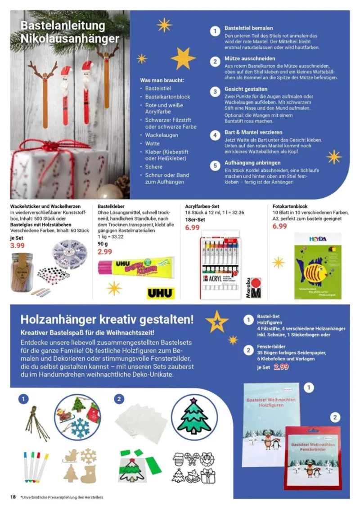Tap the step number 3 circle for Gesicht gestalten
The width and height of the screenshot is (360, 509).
pyautogui.click(x=216, y=91)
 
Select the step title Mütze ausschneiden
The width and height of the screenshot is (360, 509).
pyautogui.click(x=250, y=58)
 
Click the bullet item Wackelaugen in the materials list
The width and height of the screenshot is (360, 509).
pyautogui.click(x=161, y=135)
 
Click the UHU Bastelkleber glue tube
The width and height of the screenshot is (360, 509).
pyautogui.click(x=136, y=266)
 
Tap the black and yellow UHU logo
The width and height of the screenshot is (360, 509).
pyautogui.click(x=160, y=293)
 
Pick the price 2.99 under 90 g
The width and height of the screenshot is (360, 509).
pyautogui.click(x=105, y=252)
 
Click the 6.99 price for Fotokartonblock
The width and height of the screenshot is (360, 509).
pyautogui.click(x=279, y=226)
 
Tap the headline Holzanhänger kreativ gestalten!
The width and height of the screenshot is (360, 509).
pyautogui.click(x=107, y=320)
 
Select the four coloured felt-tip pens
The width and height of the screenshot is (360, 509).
pyautogui.click(x=35, y=467)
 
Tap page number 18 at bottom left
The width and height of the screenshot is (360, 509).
pyautogui.click(x=13, y=497)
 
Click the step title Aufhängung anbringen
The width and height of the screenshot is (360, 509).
pyautogui.click(x=252, y=162)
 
